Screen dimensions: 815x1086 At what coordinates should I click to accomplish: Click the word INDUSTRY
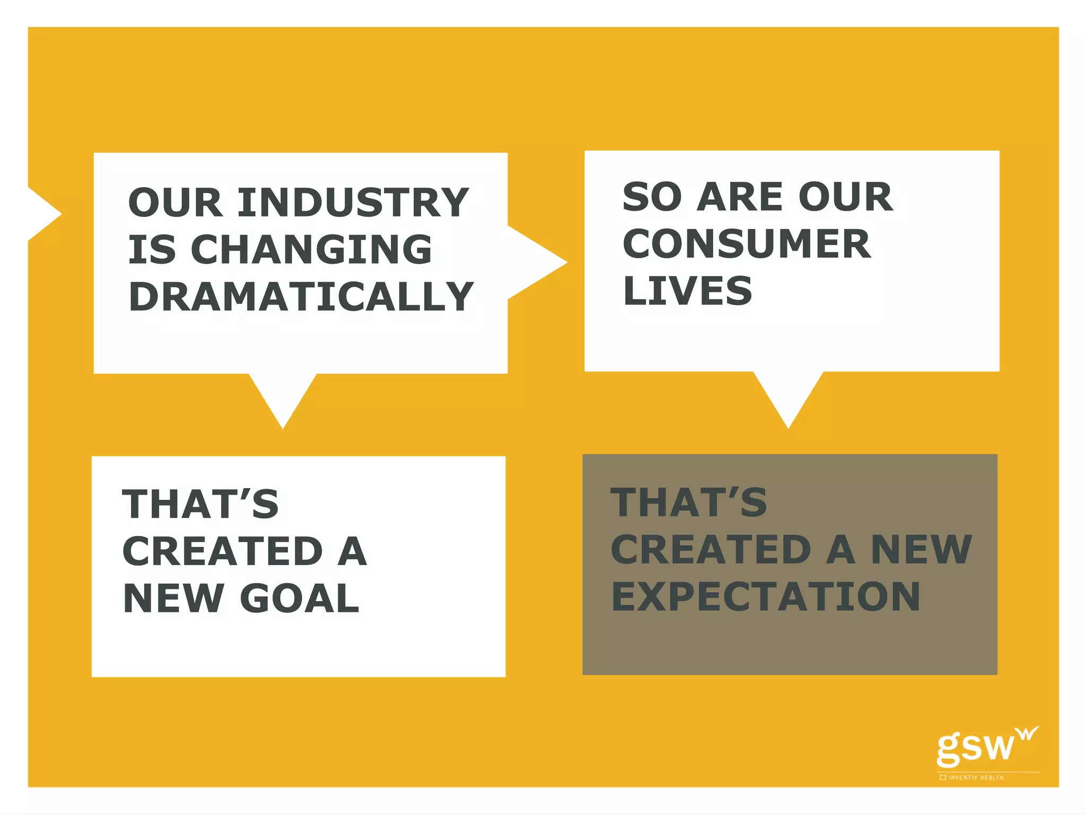[x=353, y=203]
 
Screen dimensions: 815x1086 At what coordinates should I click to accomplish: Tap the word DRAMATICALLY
[x=301, y=297]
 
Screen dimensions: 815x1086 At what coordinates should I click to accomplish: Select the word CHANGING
[x=311, y=249]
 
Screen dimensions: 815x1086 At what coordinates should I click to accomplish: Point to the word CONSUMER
[x=747, y=244]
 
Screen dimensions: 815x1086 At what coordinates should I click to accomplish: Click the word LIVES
[x=687, y=291]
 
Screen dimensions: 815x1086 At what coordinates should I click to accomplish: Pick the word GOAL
[x=300, y=599]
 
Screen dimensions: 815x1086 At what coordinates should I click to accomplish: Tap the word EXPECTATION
[x=766, y=596]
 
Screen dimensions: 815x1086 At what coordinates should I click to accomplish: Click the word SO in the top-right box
[x=652, y=197]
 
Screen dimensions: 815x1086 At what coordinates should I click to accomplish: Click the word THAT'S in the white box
[x=200, y=504]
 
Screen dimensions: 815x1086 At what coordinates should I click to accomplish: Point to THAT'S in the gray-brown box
[x=689, y=502]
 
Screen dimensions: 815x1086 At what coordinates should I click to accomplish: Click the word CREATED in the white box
[x=223, y=551]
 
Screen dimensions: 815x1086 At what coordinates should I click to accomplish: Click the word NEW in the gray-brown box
[x=922, y=549]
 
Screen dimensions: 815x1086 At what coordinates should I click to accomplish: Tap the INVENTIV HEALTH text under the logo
[x=976, y=777]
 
